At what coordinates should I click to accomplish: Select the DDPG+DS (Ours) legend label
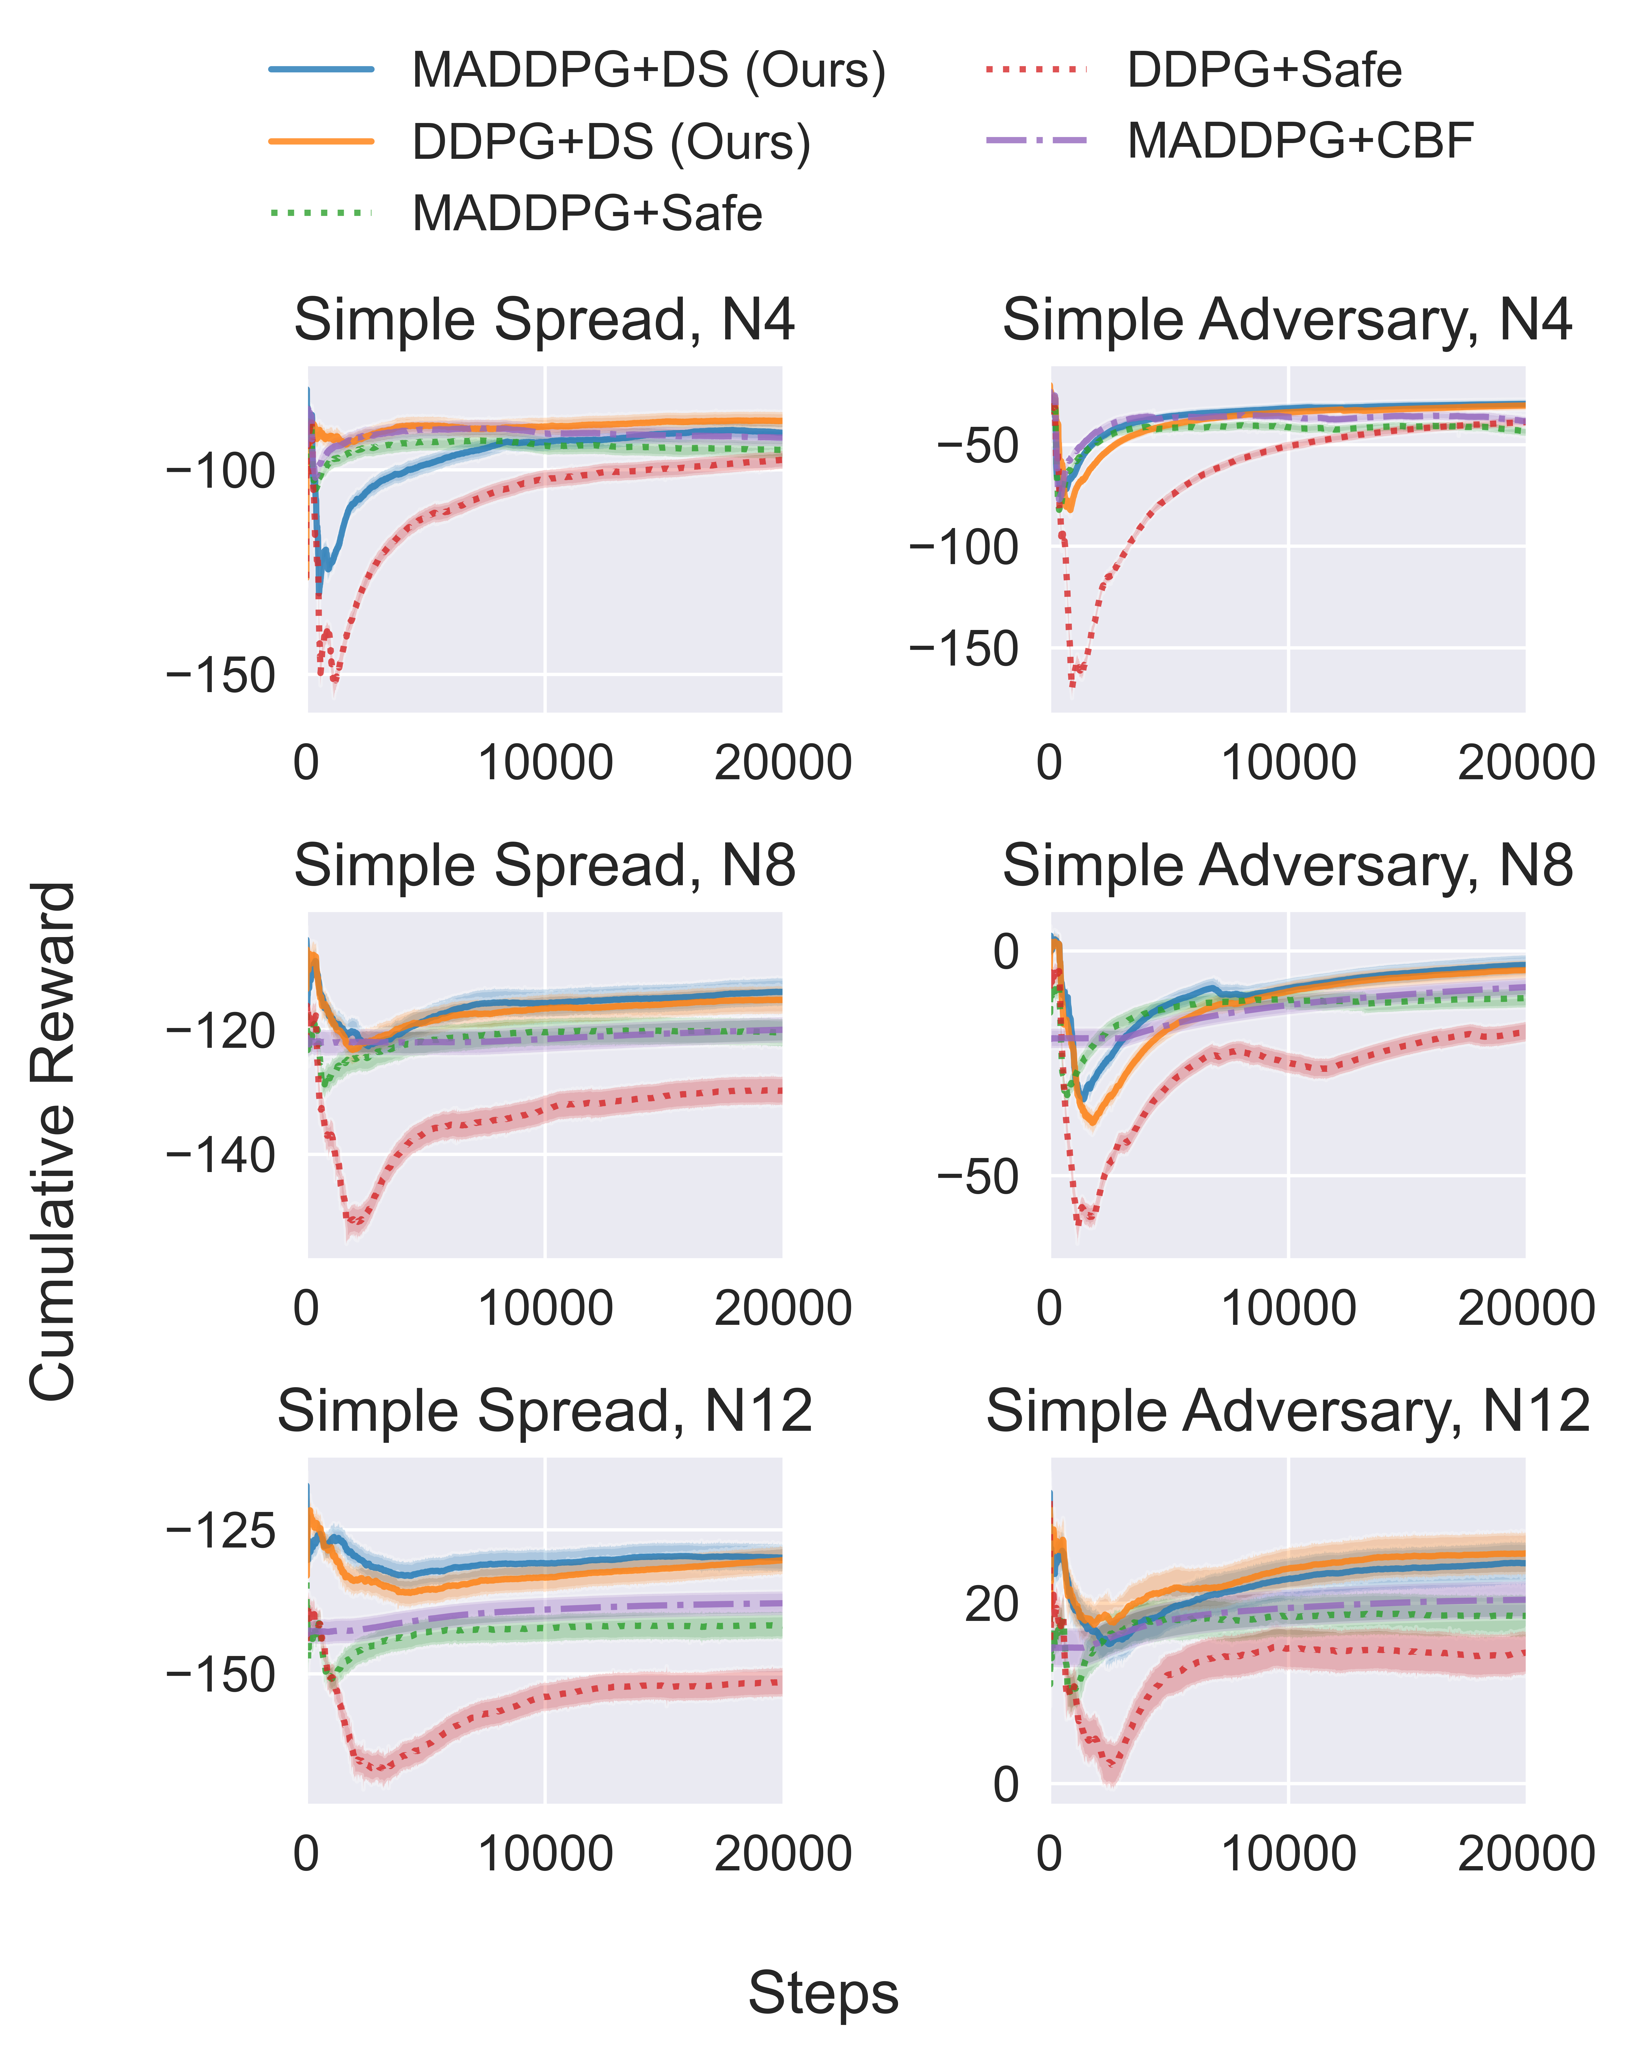[611, 142]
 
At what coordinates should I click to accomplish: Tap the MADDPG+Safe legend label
[587, 213]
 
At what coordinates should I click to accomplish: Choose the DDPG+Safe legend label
[1264, 70]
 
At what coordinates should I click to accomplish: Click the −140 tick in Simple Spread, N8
[221, 1155]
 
